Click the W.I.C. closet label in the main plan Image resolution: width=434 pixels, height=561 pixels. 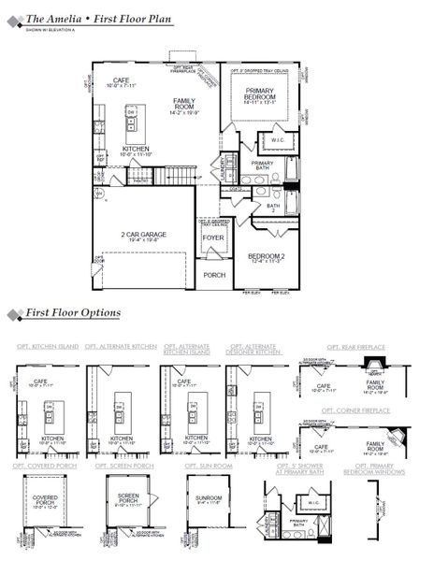[x=278, y=142]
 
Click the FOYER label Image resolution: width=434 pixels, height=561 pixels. [x=213, y=237]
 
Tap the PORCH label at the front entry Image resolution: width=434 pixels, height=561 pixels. [x=214, y=275]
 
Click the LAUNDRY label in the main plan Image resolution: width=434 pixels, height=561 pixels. [x=225, y=169]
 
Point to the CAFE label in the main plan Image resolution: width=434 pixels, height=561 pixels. [x=122, y=81]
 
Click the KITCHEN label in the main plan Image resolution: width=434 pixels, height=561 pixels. [x=137, y=150]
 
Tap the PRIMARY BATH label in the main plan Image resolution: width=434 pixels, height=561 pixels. [x=262, y=166]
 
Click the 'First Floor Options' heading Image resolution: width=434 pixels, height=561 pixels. [x=73, y=312]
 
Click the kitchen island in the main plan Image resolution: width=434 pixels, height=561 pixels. [x=132, y=119]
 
